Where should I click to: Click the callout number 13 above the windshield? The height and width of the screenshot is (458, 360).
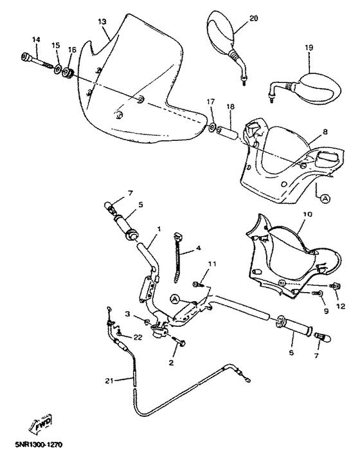102,22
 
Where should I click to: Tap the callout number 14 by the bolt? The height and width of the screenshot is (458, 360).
36,41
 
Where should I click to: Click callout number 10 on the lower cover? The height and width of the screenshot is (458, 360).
307,214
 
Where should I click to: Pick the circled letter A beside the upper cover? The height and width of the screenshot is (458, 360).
325,199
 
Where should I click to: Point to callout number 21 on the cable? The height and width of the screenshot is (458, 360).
109,381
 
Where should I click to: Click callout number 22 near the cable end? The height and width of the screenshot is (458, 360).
138,337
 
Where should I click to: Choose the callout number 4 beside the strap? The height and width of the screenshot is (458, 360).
199,248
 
